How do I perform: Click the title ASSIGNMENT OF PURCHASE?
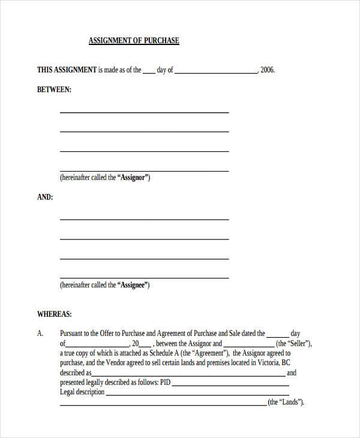coord(134,41)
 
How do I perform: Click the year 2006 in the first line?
coord(268,70)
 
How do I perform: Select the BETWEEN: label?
coord(54,89)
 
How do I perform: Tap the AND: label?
coord(45,196)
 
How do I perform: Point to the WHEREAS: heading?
coord(55,313)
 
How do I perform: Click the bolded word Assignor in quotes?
coord(134,178)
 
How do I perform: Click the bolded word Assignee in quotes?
coord(134,285)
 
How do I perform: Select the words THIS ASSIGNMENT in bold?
coord(67,70)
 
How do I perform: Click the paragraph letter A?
coord(40,334)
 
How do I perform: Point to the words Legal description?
coord(82,392)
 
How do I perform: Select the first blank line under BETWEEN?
coord(144,112)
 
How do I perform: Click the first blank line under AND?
coord(144,219)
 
